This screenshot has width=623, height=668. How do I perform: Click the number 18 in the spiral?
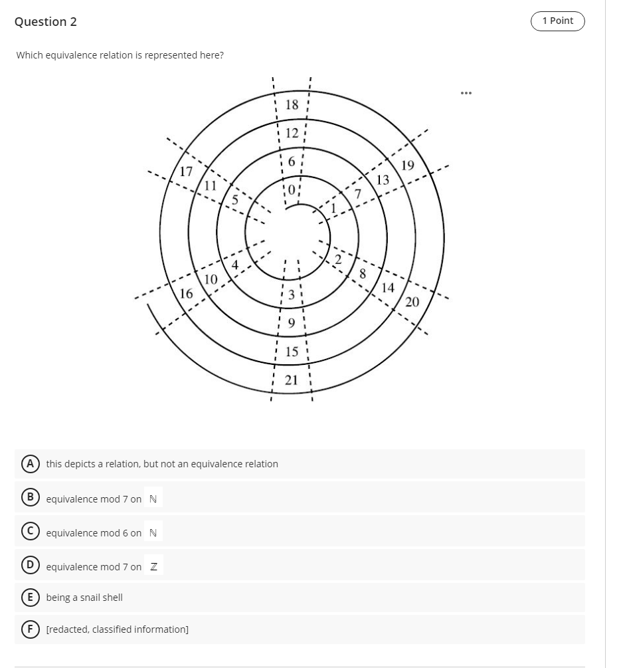tap(292, 104)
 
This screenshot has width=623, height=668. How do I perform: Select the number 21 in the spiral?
tap(291, 380)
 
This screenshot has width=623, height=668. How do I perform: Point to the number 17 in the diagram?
tap(187, 171)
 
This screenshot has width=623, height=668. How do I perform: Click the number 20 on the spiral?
tap(412, 302)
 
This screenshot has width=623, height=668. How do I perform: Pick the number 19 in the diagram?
tap(407, 166)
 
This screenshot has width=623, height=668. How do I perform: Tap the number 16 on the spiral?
tap(187, 293)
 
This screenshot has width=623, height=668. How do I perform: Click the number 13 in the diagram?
tap(383, 180)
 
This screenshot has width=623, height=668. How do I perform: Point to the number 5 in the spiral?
tap(234, 197)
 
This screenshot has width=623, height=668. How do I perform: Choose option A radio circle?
tap(29, 464)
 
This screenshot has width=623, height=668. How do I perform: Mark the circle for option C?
tap(29, 532)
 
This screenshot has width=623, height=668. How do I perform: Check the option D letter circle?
tap(29, 566)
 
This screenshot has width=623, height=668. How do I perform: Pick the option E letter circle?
tap(29, 598)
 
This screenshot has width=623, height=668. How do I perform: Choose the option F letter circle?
tap(29, 629)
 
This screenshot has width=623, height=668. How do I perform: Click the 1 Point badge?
tap(557, 21)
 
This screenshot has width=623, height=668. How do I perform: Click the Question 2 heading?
tap(45, 22)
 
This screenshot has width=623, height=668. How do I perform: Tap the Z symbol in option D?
tap(153, 566)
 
